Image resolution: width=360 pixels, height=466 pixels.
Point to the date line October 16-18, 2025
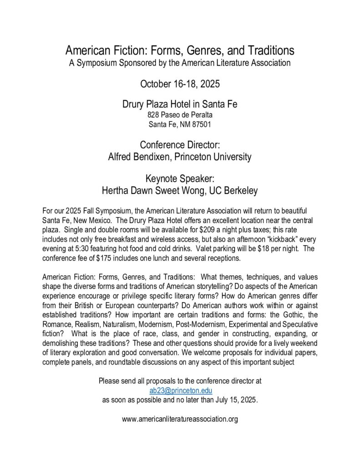(x=180, y=85)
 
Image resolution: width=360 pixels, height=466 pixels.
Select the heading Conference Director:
(x=180, y=145)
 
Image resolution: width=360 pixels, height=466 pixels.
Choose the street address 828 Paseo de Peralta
(x=180, y=115)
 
